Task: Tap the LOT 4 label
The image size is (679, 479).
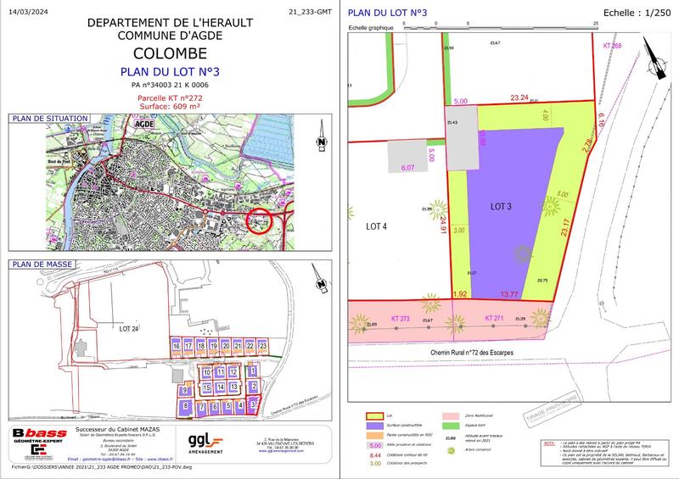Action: pos(376,226)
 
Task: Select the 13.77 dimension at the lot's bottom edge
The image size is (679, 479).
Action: pos(508,293)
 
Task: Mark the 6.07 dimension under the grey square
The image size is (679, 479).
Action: pos(407,168)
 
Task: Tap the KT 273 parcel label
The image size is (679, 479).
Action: pos(400,317)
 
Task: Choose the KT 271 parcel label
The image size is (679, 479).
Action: pos(494,317)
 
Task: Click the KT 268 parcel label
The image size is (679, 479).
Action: pos(612,45)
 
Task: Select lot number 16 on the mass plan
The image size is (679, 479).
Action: pos(176,347)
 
